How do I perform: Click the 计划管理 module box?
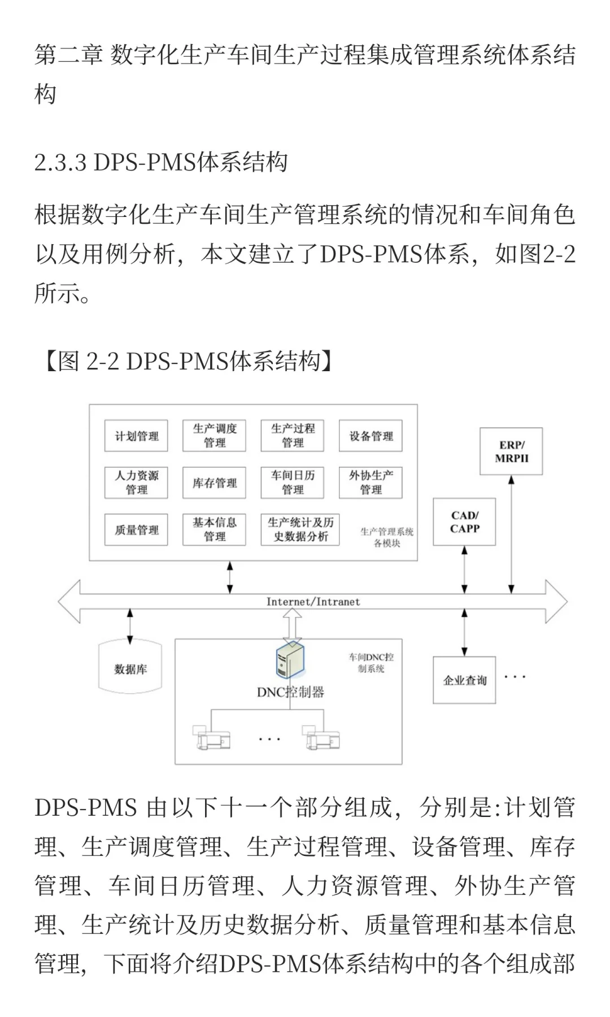pos(136,436)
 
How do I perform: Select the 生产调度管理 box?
pos(214,436)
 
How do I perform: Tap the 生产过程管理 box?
pos(292,436)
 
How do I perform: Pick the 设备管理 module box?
pos(371,436)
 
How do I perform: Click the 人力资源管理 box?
pos(136,483)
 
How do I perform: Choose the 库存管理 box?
pos(214,483)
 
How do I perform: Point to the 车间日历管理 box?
pos(292,483)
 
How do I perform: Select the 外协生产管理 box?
pos(371,483)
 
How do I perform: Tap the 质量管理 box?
pos(136,529)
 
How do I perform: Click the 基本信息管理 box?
pos(214,529)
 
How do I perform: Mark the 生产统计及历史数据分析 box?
pos(300,529)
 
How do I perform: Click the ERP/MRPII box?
pos(511,451)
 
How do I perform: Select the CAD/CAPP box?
pos(464,522)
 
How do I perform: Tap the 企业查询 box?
pos(464,680)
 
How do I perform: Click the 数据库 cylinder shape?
pos(130,669)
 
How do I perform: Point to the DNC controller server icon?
pos(290,662)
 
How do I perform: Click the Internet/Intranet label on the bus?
pos(313,602)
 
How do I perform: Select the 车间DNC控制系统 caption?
pos(371,663)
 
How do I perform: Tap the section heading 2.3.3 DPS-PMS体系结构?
pos(161,162)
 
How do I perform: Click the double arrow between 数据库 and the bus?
pos(130,626)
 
